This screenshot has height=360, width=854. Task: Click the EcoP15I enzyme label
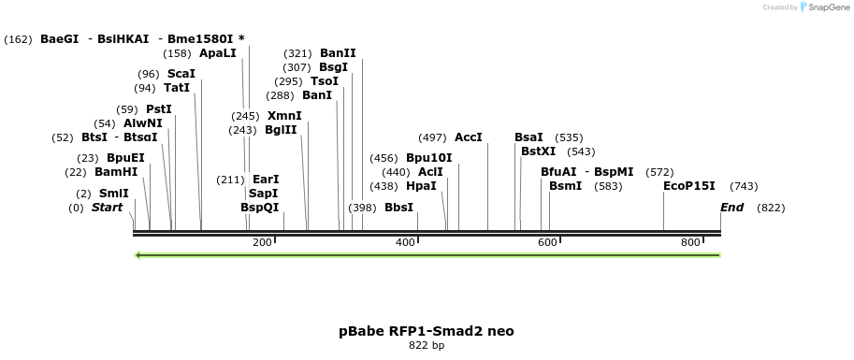point(688,186)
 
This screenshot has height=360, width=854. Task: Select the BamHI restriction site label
point(116,172)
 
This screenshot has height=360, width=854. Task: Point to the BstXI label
point(538,151)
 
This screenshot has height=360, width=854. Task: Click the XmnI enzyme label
point(284,116)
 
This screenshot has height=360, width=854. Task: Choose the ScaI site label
point(181,74)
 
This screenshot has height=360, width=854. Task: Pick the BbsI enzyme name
point(398,208)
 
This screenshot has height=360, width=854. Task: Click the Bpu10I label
point(428,158)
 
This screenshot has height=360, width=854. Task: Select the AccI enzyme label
point(469,137)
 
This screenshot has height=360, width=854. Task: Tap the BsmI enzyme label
point(565,186)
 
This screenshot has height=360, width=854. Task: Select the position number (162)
point(19,39)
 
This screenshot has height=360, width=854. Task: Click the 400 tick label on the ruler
point(405,243)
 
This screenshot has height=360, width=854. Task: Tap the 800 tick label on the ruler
point(690,243)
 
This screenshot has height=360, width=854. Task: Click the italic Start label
point(107,208)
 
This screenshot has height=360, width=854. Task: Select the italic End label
point(731,208)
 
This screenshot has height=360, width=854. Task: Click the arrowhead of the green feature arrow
point(139,255)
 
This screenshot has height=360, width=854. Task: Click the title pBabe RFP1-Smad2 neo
point(427,331)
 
